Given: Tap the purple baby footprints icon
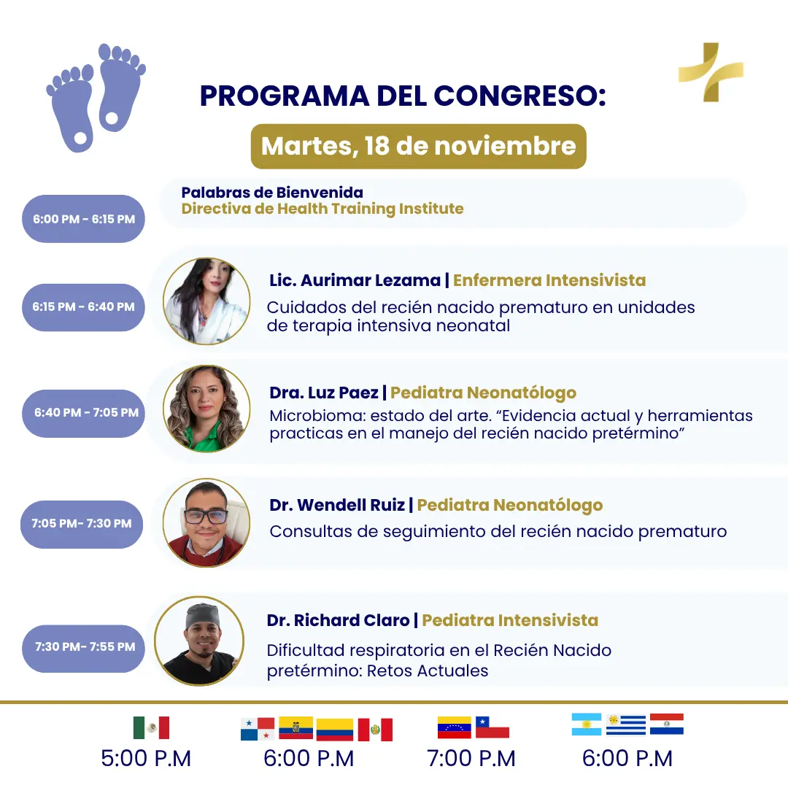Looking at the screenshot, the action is point(96,98).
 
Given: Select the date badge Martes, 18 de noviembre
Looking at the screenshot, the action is point(418,146).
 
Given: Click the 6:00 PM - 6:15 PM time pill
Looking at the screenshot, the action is point(83,219).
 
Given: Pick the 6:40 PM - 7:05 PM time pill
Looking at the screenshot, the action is point(83,413).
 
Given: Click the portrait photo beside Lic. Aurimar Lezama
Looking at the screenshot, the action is point(206,301).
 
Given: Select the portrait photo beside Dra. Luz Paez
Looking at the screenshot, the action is point(206,409).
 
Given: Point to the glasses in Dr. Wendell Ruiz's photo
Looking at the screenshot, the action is point(206,516).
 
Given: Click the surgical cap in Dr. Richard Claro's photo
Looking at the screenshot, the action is point(203,616).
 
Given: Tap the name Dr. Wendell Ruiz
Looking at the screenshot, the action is point(336,505).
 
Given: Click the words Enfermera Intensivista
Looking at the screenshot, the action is point(549,280).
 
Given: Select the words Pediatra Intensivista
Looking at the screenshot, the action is point(510,620).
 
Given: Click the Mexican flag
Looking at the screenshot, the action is point(151,727).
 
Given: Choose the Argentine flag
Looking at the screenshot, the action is point(587,725).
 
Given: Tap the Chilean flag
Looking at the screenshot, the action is point(492,727).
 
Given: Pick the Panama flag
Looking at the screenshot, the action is point(258,729).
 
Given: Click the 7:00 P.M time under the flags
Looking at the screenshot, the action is point(471,758).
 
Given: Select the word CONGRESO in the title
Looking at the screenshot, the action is point(519,96).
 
